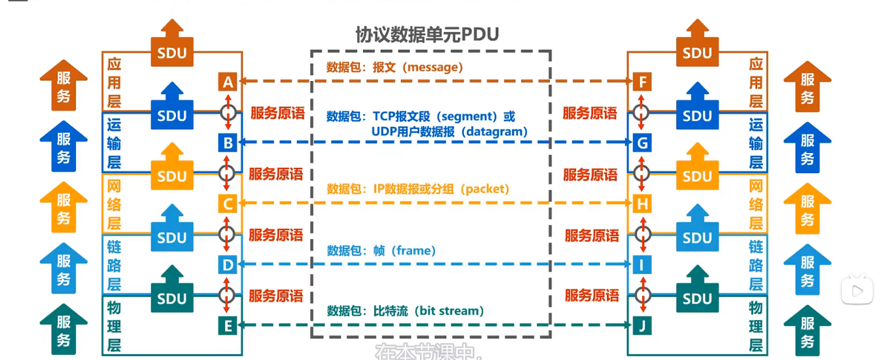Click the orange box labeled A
click(228, 82)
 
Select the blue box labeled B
click(228, 142)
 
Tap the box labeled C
click(228, 203)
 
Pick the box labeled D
click(228, 265)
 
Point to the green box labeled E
click(228, 326)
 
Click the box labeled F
click(642, 82)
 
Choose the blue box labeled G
click(642, 142)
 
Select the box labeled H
click(642, 203)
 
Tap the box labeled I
click(642, 265)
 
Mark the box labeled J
click(642, 326)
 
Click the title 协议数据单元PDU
click(427, 35)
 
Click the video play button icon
click(857, 291)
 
